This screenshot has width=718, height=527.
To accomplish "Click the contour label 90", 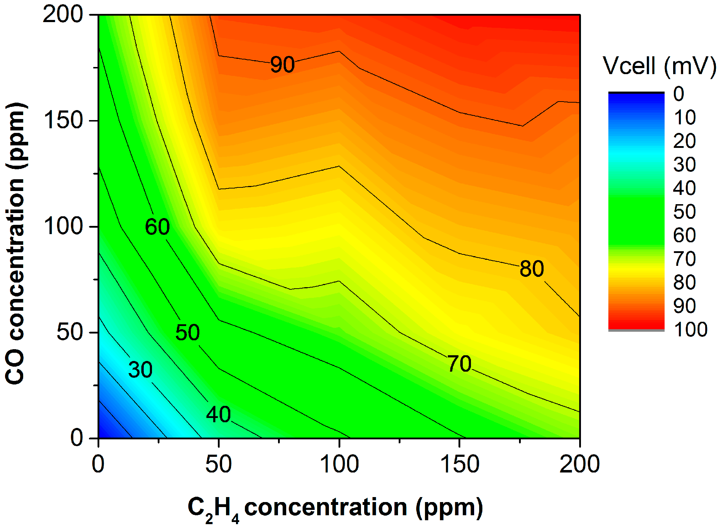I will pyautogui.click(x=282, y=64).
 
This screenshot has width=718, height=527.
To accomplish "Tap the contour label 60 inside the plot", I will pyautogui.click(x=157, y=227).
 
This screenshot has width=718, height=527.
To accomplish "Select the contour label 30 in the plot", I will pyautogui.click(x=140, y=370).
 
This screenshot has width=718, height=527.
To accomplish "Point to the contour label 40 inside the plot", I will pyautogui.click(x=218, y=414).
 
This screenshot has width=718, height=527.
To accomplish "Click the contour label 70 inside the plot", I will pyautogui.click(x=459, y=364).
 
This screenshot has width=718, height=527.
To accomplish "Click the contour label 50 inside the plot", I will pyautogui.click(x=188, y=332).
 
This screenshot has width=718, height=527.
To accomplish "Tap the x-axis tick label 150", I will pyautogui.click(x=460, y=464).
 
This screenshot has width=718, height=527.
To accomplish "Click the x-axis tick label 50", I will pyautogui.click(x=218, y=464).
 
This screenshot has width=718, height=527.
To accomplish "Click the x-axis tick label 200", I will pyautogui.click(x=580, y=464).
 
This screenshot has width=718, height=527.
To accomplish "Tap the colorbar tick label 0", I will pyautogui.click(x=678, y=94).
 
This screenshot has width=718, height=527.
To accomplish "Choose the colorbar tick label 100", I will pyautogui.click(x=690, y=329).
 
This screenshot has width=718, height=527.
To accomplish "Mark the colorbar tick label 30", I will pyautogui.click(x=684, y=165).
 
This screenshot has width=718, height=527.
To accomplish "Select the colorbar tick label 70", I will pyautogui.click(x=684, y=259).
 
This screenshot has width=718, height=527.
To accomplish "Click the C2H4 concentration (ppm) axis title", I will pyautogui.click(x=335, y=507).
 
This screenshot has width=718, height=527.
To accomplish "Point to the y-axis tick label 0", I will pyautogui.click(x=77, y=437).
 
